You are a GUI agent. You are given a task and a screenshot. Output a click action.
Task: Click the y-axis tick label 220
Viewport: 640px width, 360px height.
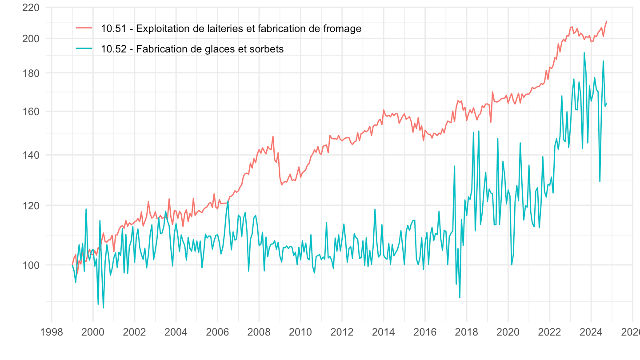(31, 8)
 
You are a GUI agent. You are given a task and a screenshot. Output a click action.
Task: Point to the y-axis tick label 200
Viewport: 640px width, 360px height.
(31, 39)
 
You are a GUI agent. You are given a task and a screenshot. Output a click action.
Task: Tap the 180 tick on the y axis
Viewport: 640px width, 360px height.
(31, 73)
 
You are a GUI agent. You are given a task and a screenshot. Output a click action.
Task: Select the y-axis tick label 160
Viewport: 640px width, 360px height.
(31, 112)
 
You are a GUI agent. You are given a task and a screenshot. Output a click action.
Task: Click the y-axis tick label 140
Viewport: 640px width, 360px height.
(31, 155)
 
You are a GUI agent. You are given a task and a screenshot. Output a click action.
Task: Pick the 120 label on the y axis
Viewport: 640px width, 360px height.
(31, 205)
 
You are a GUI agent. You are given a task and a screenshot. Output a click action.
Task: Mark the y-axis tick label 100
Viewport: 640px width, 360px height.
(31, 265)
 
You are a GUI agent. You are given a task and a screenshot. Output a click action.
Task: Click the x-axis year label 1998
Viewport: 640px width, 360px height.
(52, 332)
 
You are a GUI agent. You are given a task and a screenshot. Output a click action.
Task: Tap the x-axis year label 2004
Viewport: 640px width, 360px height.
(176, 332)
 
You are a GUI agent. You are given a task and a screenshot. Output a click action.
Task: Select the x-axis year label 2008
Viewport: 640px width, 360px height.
(259, 332)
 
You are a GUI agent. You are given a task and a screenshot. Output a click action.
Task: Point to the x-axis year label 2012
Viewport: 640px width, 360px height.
(342, 332)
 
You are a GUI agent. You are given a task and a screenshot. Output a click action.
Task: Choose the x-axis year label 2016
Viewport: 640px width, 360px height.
(425, 332)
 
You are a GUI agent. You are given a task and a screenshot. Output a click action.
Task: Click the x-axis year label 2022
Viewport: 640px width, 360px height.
(549, 332)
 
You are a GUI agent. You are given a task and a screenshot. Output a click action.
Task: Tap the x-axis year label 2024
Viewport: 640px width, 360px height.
(591, 332)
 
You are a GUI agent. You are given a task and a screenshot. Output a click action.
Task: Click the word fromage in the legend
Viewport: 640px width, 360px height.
(343, 29)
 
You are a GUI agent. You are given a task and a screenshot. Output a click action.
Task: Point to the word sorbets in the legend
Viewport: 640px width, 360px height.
(268, 49)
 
